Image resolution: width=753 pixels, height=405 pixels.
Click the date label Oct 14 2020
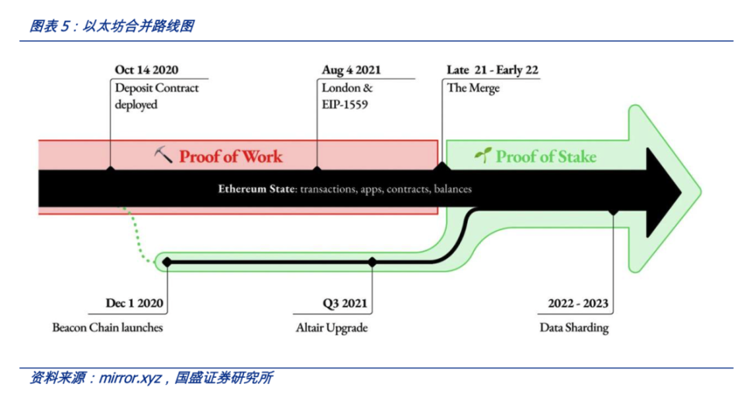pos(146,70)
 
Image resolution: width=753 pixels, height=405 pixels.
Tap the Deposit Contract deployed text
pos(156,96)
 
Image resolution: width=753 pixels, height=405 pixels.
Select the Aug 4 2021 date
pos(351,70)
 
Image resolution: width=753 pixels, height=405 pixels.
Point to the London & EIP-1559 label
pos(347,96)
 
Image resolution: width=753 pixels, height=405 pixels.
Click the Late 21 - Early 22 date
pos(492,70)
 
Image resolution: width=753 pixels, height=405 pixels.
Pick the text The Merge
pos(473,88)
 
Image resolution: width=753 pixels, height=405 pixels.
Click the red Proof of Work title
pos(231,156)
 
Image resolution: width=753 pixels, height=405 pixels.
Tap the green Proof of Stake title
pos(546,156)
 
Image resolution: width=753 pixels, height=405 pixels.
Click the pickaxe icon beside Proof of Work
pos(163,155)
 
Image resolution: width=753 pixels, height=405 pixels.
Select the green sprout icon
pos(483,155)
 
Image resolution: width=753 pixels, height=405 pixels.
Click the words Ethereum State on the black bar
pos(256,189)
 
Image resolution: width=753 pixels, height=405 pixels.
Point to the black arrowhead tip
pos(681,192)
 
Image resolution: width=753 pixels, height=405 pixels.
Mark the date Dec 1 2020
pos(135,304)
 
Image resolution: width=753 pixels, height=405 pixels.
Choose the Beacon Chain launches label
pos(108,328)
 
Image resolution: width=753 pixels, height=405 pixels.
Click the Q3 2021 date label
pos(345,304)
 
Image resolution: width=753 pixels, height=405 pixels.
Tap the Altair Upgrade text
pos(332,328)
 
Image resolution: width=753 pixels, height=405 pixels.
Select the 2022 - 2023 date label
pos(578,304)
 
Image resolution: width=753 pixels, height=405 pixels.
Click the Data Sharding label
pos(574,328)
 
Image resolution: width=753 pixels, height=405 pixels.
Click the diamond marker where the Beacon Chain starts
pos(167,262)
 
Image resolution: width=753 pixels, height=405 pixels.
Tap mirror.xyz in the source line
pos(130,379)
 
